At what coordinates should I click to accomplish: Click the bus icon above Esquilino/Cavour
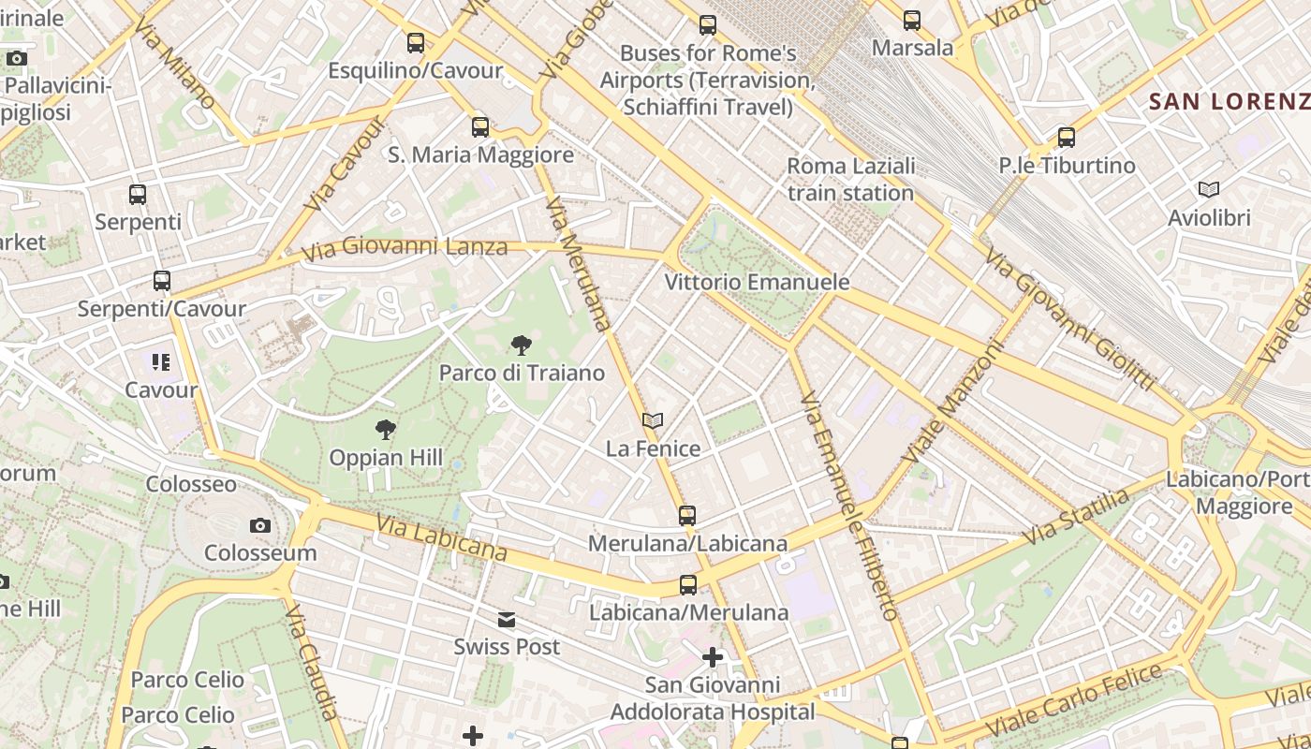[416, 43]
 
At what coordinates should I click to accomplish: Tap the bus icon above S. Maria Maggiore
[480, 127]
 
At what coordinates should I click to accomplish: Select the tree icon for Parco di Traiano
[522, 345]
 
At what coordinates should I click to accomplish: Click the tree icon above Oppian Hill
[385, 430]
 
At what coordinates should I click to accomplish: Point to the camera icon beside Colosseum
[260, 525]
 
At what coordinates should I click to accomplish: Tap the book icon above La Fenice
[653, 421]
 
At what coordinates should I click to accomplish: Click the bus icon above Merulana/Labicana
[687, 516]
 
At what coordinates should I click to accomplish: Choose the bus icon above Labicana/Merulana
[688, 585]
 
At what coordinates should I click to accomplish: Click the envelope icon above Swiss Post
[507, 619]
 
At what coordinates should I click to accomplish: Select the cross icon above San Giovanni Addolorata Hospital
[713, 657]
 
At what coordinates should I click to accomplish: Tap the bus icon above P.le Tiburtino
[1066, 138]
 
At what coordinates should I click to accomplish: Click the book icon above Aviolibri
[1209, 190]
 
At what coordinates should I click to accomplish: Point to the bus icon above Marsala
[912, 20]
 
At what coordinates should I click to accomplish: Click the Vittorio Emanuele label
[757, 282]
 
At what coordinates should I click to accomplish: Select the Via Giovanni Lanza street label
[405, 248]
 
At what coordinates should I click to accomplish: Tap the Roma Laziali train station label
[850, 180]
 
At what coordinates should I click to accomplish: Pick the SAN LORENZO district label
[1229, 102]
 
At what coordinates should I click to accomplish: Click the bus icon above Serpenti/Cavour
[162, 281]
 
